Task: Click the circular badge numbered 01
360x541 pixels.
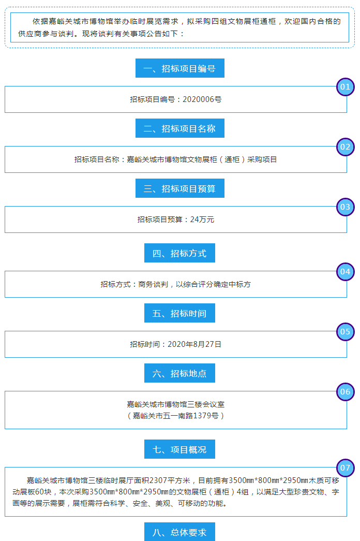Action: [x=345, y=87]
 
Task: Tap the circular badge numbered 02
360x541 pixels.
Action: [x=345, y=147]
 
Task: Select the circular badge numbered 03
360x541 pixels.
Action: [x=345, y=207]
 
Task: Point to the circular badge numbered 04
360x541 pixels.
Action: [x=345, y=272]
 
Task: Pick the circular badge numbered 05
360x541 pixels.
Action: [x=345, y=332]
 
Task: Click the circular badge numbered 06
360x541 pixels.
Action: [x=345, y=392]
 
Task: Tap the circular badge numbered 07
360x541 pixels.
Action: [x=345, y=468]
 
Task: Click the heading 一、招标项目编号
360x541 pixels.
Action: [x=179, y=68]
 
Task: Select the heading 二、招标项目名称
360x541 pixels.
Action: [x=179, y=128]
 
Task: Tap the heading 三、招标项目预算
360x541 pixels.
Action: [x=179, y=188]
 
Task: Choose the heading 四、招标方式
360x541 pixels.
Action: [x=179, y=253]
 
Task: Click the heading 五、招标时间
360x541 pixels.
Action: [x=179, y=313]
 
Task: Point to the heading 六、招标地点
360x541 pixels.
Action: [x=179, y=373]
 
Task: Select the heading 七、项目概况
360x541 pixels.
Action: [x=179, y=449]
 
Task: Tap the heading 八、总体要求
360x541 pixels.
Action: [x=179, y=532]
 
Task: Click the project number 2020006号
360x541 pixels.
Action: [x=202, y=99]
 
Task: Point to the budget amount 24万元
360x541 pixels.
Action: [x=202, y=220]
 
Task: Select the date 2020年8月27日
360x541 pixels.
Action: [x=194, y=344]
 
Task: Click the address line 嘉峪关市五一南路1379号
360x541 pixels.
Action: [x=176, y=416]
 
